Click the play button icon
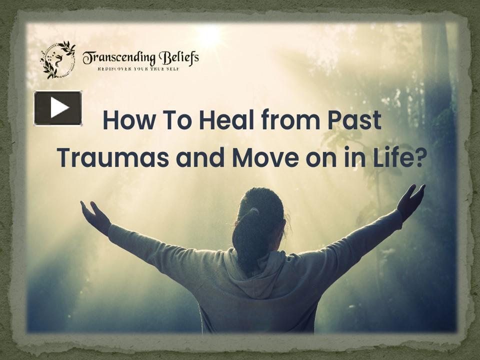(58, 108)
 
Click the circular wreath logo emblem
(57, 59)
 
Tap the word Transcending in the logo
(118, 57)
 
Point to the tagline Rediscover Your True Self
(137, 68)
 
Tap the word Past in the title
(355, 121)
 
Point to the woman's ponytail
(248, 235)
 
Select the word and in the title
(196, 157)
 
